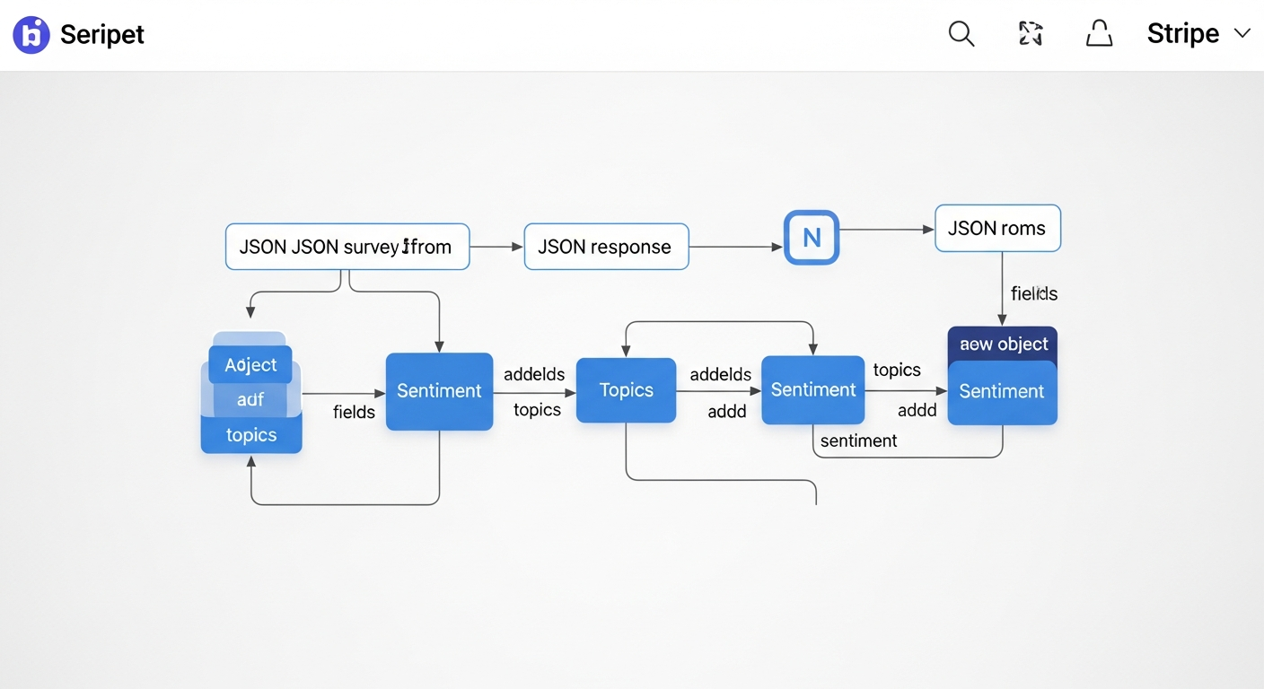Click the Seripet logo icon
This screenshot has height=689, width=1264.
[31, 35]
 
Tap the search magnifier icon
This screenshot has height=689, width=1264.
[961, 34]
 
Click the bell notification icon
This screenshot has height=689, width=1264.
[1099, 34]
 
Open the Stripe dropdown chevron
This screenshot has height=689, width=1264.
[1242, 34]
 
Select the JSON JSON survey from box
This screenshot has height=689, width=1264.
[347, 247]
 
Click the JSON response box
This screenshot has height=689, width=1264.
[606, 247]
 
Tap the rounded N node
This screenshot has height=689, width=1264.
[812, 238]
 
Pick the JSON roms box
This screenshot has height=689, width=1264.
[997, 228]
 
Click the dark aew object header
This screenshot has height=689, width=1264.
[1003, 344]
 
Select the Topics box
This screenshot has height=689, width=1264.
[626, 390]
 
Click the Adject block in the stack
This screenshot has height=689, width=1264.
[250, 365]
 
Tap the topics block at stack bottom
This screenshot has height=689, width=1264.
[251, 435]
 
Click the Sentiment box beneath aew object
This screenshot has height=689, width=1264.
[1002, 392]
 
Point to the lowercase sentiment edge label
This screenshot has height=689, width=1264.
[858, 440]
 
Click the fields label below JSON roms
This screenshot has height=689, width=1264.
[1033, 293]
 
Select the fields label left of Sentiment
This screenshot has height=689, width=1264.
[354, 413]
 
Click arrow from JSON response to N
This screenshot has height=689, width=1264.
[736, 247]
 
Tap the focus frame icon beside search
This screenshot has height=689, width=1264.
[1031, 34]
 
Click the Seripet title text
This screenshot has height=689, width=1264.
[101, 35]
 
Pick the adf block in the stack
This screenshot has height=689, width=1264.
[250, 400]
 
